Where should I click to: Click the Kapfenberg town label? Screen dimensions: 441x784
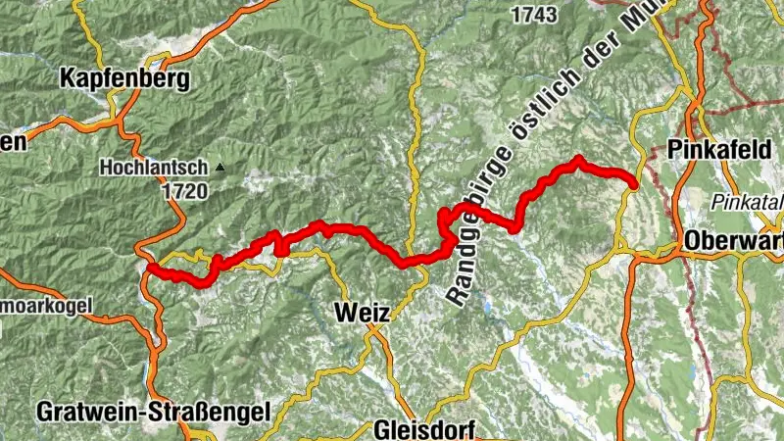123,79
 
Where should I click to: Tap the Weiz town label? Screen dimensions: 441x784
362,313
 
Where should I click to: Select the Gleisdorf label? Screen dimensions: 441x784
423,430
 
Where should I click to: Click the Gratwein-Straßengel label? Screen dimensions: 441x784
152,412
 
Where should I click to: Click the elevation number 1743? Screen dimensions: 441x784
535,15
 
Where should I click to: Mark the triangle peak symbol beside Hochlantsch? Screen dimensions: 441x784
220,168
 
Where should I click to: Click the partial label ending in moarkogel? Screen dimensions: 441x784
44,306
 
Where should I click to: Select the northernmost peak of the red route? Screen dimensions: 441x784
579,159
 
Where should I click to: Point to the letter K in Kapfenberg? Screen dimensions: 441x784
68,79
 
